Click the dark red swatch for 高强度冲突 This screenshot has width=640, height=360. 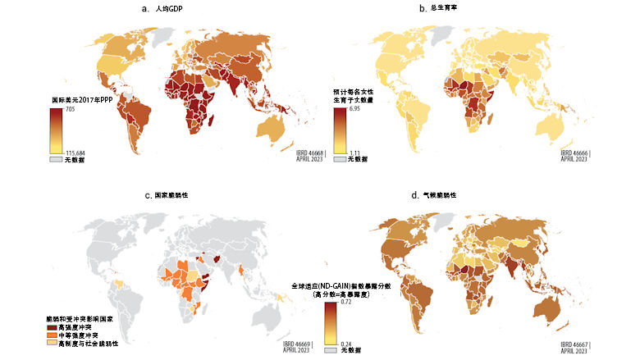point(52,326)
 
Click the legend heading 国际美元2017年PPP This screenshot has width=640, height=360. point(80,100)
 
